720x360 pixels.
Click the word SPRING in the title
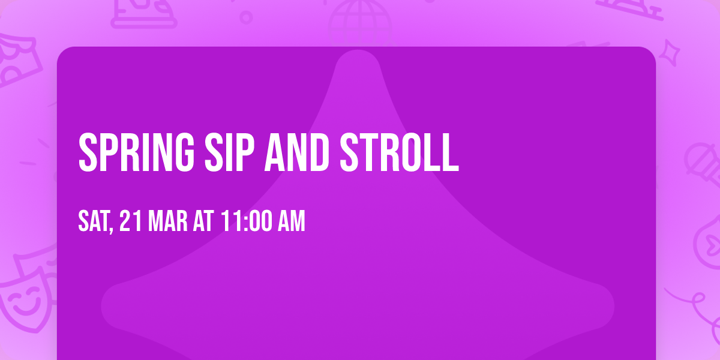click(x=137, y=152)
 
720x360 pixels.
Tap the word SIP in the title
click(x=229, y=152)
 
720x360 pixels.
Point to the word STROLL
click(x=400, y=152)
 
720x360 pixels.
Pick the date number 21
click(x=131, y=221)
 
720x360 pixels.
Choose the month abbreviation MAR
click(x=167, y=221)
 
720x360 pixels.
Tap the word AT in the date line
click(x=203, y=221)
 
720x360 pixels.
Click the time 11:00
click(x=246, y=221)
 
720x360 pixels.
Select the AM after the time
click(x=292, y=221)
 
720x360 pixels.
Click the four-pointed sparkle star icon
click(x=669, y=53)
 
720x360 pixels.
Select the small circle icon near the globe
click(x=246, y=17)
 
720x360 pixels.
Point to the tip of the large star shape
click(x=358, y=50)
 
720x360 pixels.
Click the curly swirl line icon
click(x=697, y=308)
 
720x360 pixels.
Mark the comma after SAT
click(x=111, y=229)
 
